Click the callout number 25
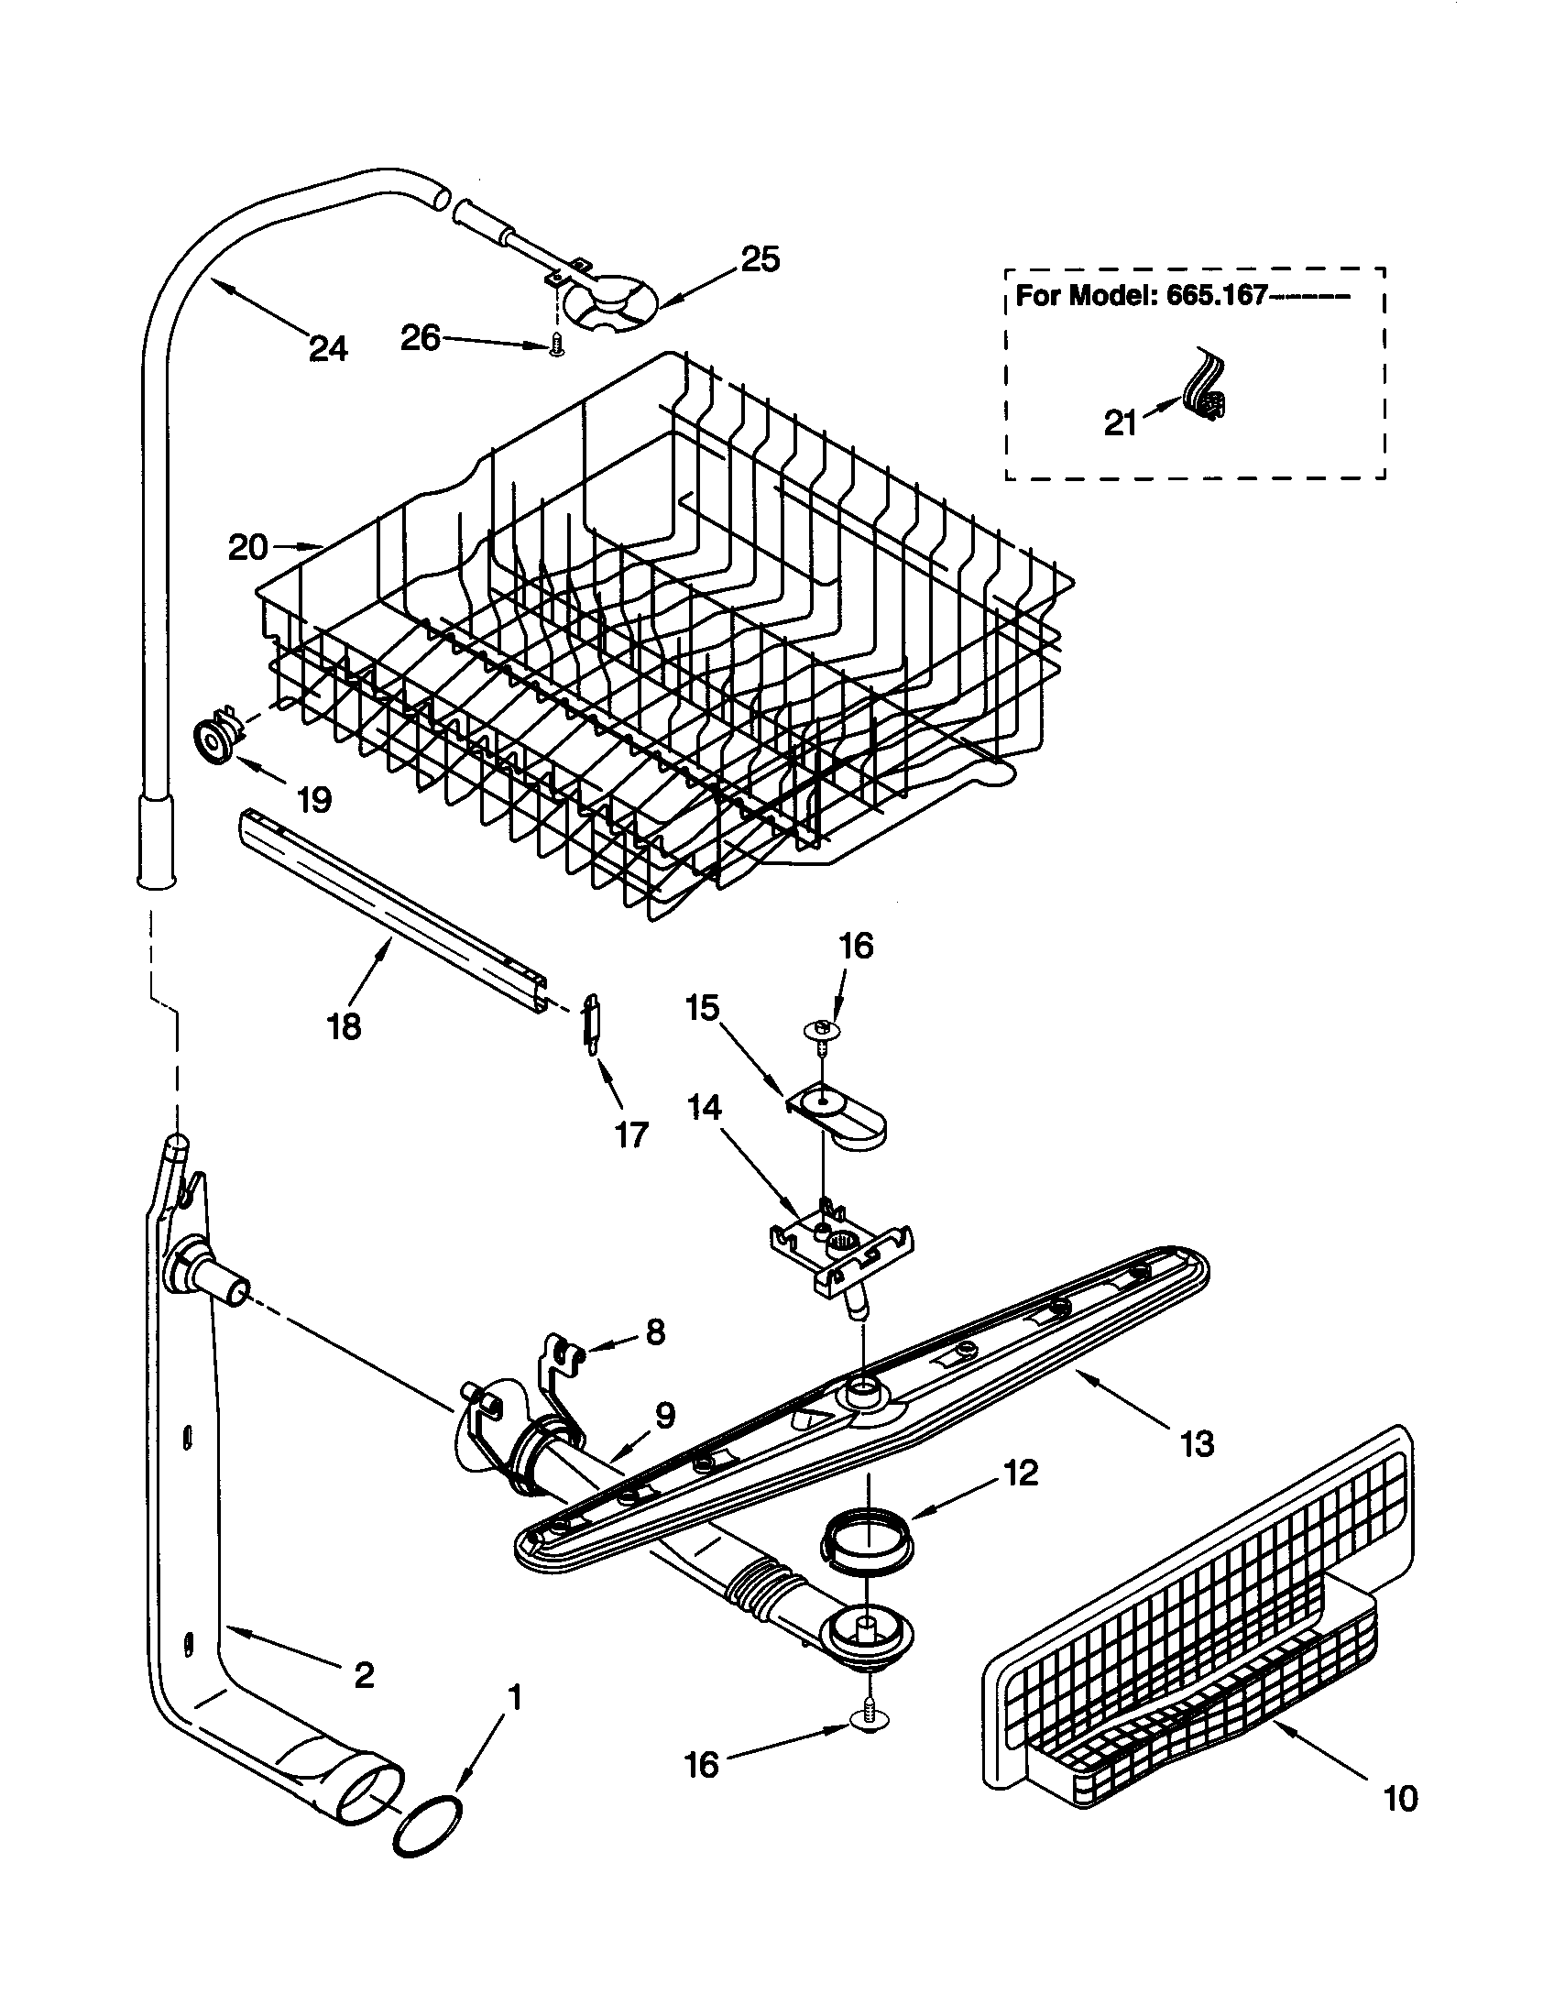761,260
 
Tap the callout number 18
345,1026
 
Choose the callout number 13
1197,1442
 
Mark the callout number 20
247,547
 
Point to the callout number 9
665,1415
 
